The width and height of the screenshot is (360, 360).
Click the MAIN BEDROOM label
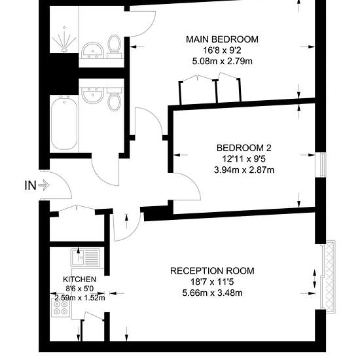[222, 39]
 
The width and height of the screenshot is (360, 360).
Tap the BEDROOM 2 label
[244, 148]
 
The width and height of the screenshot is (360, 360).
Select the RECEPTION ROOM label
[212, 271]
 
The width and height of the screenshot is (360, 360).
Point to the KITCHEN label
[79, 279]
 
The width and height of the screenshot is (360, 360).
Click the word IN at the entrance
[31, 185]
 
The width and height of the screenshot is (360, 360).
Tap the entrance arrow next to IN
[44, 185]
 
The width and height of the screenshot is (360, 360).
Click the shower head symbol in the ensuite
[64, 39]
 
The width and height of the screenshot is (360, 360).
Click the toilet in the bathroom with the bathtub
[114, 99]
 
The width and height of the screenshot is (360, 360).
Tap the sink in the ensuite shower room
[93, 50]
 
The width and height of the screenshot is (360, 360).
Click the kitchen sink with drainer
[85, 257]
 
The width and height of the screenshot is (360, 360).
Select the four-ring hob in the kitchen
[61, 308]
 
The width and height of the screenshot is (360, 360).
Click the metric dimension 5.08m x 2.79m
[222, 62]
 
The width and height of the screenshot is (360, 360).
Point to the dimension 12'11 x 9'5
[244, 159]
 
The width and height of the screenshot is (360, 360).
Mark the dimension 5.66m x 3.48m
[212, 293]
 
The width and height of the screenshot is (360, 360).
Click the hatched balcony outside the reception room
[330, 276]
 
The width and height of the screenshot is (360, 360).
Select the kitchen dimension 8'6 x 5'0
[79, 288]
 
